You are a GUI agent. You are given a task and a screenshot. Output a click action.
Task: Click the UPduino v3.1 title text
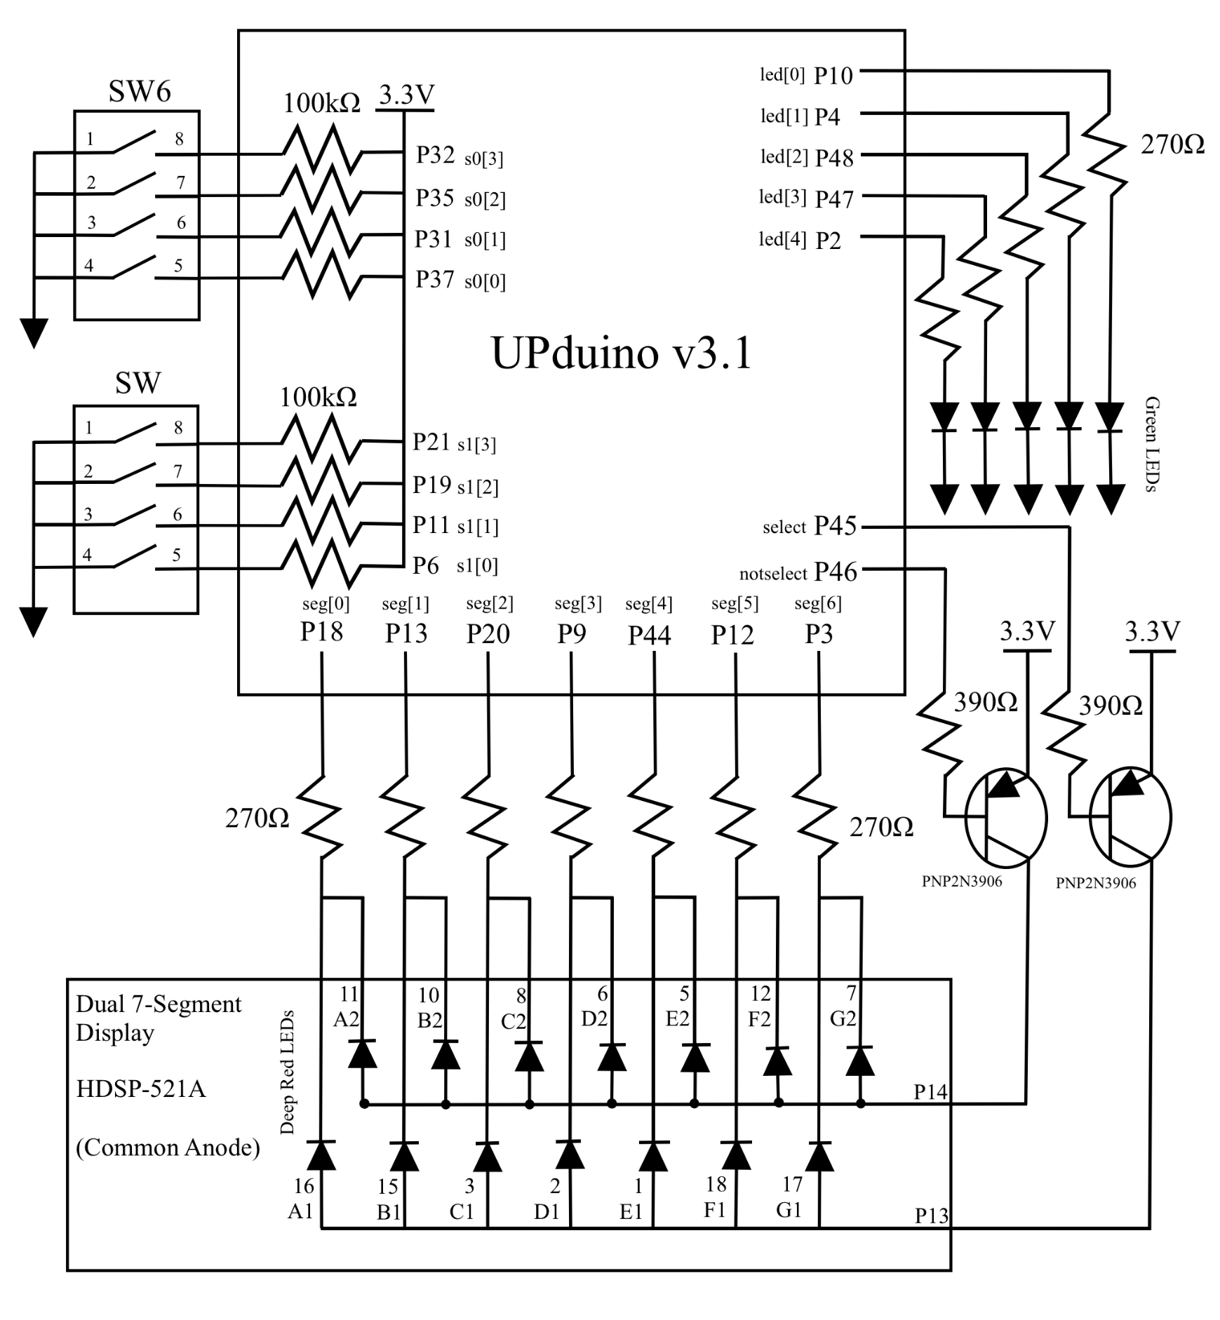tap(622, 352)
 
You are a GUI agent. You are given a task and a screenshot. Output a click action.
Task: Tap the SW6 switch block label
tap(140, 91)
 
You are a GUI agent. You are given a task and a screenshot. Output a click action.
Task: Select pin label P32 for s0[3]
tap(435, 155)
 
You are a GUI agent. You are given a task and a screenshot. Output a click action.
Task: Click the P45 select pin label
tap(835, 525)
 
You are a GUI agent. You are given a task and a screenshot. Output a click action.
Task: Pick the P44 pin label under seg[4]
tap(649, 635)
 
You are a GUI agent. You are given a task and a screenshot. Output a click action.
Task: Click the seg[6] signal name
tap(817, 603)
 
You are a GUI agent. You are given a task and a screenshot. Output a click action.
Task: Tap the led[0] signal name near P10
tap(782, 74)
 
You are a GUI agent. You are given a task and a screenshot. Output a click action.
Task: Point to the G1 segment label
tap(789, 1210)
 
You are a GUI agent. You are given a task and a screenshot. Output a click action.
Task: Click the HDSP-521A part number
tap(140, 1089)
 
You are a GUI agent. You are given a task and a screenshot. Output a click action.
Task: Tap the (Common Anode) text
tap(168, 1147)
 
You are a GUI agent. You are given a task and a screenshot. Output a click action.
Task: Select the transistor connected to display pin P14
tap(1005, 818)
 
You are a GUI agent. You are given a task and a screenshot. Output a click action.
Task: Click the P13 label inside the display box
tap(931, 1215)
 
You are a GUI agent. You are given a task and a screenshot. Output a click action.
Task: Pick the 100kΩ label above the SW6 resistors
tap(321, 104)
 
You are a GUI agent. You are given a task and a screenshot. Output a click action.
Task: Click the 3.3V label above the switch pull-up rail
tap(406, 95)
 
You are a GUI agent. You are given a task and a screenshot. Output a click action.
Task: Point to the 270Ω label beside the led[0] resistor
tap(1172, 144)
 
